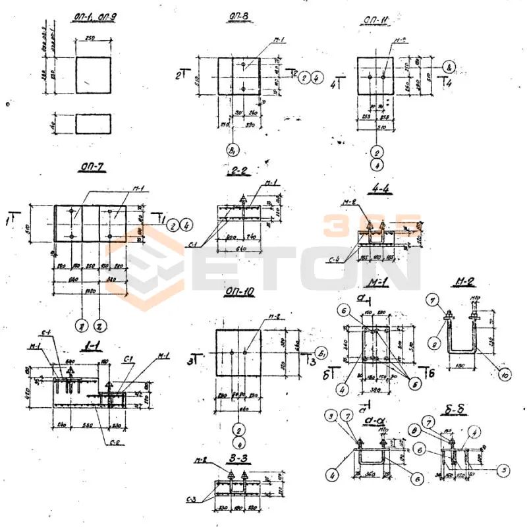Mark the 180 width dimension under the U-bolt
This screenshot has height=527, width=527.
tap(463, 364)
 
